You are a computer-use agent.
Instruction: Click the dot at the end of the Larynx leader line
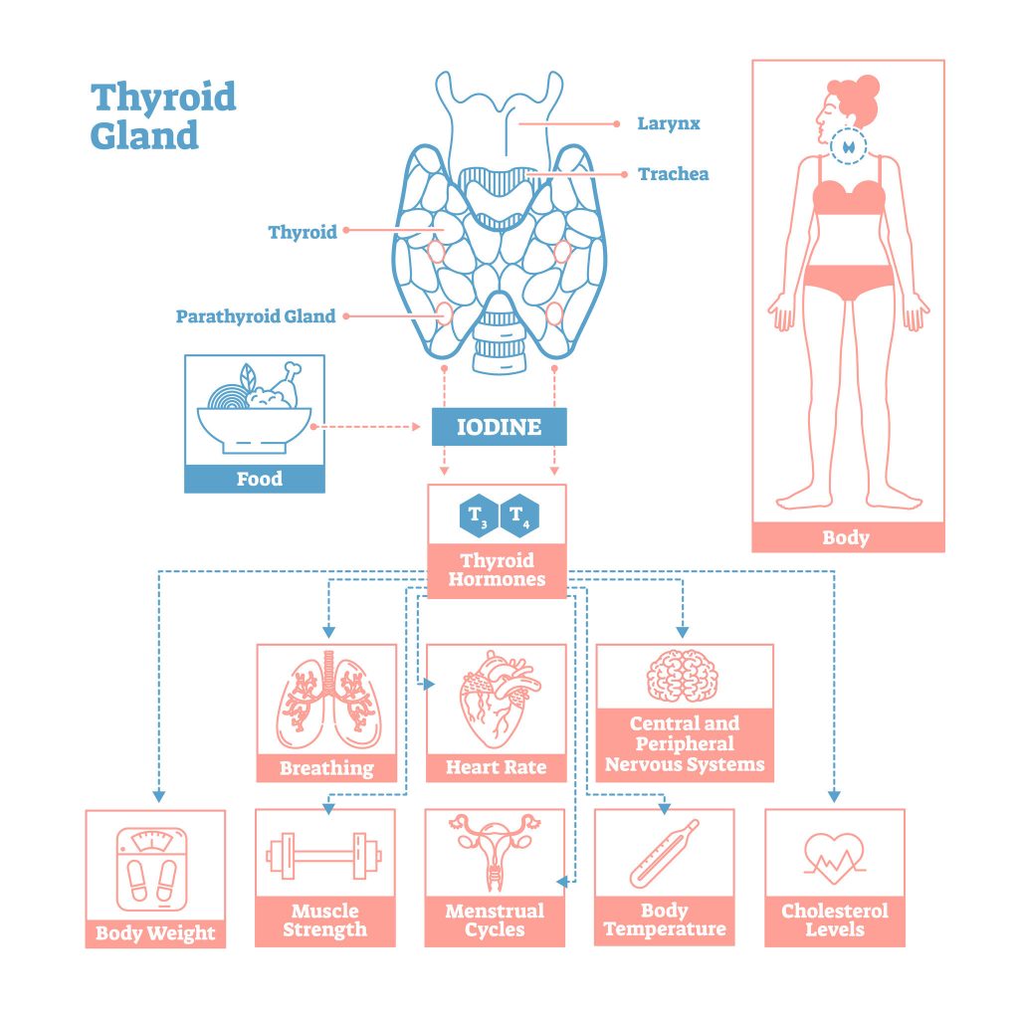click(x=617, y=123)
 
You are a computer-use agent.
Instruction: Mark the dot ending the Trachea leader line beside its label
click(x=624, y=174)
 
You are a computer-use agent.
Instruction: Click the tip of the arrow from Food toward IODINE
click(x=421, y=427)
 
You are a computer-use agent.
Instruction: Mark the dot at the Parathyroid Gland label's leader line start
click(x=346, y=316)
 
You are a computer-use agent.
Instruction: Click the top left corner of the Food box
click(x=185, y=355)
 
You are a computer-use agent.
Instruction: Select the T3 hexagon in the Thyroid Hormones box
click(x=479, y=516)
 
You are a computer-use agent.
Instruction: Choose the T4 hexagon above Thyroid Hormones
click(x=519, y=516)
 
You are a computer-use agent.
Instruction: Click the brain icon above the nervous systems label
click(x=683, y=676)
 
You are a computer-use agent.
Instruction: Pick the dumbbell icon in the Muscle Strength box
click(x=324, y=856)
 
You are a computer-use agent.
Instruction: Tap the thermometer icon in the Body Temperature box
click(x=664, y=853)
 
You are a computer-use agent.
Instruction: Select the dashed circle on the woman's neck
click(x=848, y=146)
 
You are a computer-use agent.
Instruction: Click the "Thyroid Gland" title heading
click(x=163, y=116)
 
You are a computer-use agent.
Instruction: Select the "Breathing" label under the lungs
click(x=326, y=768)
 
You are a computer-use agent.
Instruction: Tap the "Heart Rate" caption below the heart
click(x=496, y=767)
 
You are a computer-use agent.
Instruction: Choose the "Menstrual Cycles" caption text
click(x=495, y=920)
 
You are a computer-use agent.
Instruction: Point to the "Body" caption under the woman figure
click(x=846, y=537)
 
